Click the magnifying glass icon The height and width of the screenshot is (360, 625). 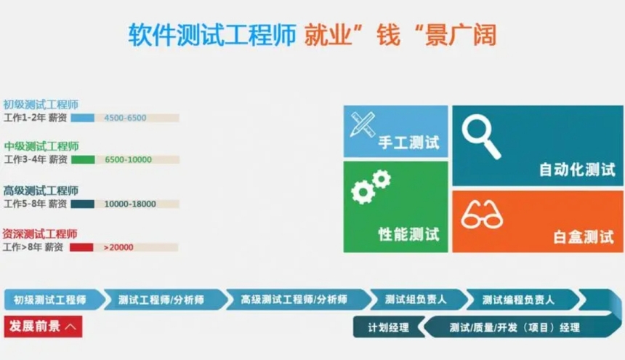pyautogui.click(x=480, y=136)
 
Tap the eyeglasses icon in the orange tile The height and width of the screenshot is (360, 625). pyautogui.click(x=482, y=215)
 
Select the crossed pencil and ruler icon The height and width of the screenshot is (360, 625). pyautogui.click(x=363, y=125)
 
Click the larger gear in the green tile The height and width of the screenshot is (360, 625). pyautogui.click(x=363, y=192)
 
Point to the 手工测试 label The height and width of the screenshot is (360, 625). pyautogui.click(x=408, y=143)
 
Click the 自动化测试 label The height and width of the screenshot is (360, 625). pyautogui.click(x=577, y=169)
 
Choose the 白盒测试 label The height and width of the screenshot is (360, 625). pyautogui.click(x=584, y=237)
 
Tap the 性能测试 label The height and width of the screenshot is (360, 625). pyautogui.click(x=408, y=234)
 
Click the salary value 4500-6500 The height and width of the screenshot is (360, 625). pyautogui.click(x=125, y=118)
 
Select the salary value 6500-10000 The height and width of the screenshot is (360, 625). pyautogui.click(x=128, y=160)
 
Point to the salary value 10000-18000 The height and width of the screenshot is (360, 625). pyautogui.click(x=130, y=204)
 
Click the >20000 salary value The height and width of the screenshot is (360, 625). pyautogui.click(x=118, y=247)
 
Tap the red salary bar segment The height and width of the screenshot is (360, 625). pyautogui.click(x=81, y=247)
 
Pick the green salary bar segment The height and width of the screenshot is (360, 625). pyautogui.click(x=83, y=160)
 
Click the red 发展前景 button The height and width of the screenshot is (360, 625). pyautogui.click(x=43, y=327)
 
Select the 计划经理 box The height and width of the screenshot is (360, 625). pyautogui.click(x=388, y=327)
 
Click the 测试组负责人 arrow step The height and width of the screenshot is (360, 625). pyautogui.click(x=416, y=300)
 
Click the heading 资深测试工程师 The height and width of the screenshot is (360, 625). pyautogui.click(x=40, y=233)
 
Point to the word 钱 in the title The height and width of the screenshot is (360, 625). pyautogui.click(x=388, y=35)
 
